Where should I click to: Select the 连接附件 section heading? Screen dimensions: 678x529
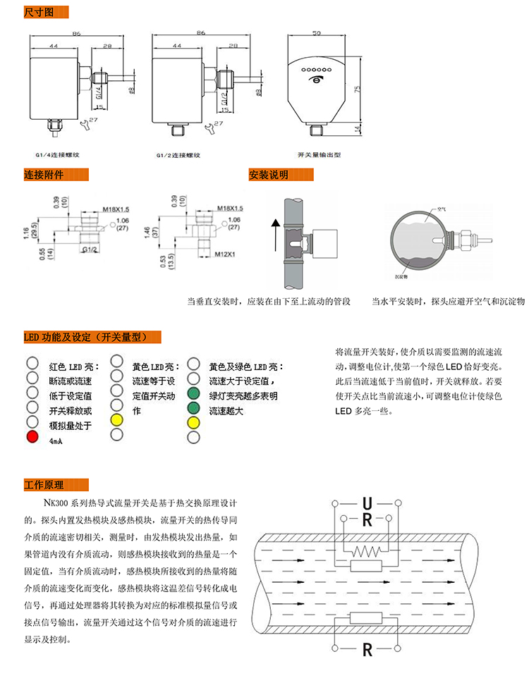44,175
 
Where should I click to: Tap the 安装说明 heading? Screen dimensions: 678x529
269,175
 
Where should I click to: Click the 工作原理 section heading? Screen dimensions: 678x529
44,485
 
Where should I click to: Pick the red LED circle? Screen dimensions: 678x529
31,437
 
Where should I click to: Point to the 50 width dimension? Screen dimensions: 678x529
317,33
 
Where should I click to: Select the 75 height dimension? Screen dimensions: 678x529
358,89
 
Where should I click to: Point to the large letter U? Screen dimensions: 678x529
367,504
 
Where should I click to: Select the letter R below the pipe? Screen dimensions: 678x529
367,649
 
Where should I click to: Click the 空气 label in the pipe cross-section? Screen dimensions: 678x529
443,209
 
